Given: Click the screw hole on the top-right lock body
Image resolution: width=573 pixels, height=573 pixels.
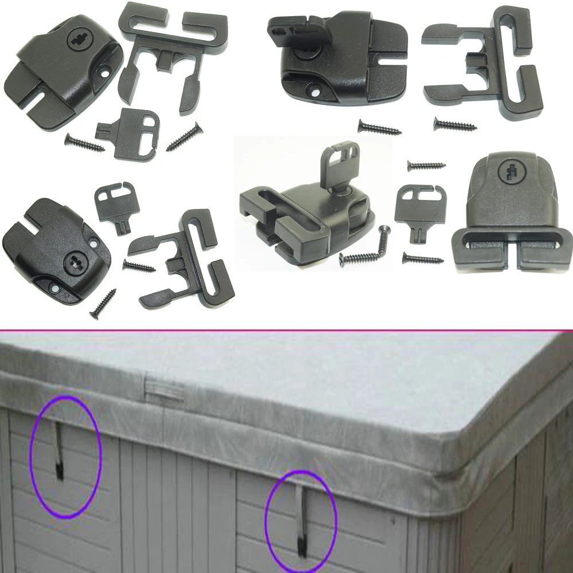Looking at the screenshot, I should pos(315,90).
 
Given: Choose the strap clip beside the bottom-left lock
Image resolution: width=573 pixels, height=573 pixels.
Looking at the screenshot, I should pos(183,258).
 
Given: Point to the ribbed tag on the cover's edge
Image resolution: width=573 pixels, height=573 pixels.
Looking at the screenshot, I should pos(163,389).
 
